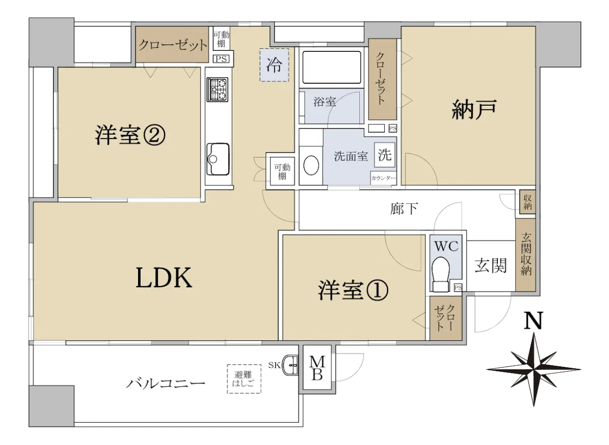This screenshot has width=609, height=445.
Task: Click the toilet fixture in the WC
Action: pyautogui.click(x=441, y=274)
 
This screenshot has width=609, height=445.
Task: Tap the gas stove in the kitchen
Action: pyautogui.click(x=217, y=89)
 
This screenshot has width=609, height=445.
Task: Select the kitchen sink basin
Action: pyautogui.click(x=218, y=159)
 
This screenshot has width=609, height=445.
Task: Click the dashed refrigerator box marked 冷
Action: pyautogui.click(x=274, y=65)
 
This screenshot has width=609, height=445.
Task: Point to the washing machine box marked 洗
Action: pyautogui.click(x=385, y=155)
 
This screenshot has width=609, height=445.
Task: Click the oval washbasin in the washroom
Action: pyautogui.click(x=311, y=165)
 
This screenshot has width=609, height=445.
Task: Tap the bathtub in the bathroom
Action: pyautogui.click(x=332, y=67)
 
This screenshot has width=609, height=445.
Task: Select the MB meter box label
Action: pyautogui.click(x=317, y=368)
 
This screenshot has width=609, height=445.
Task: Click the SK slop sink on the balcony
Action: pyautogui.click(x=290, y=365)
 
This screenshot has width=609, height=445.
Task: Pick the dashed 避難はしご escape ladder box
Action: pyautogui.click(x=244, y=379)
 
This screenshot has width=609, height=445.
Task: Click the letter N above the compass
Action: pyautogui.click(x=533, y=321)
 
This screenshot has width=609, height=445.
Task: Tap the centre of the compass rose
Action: pyautogui.click(x=534, y=370)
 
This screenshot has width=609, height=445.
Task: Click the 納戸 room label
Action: pyautogui.click(x=475, y=109)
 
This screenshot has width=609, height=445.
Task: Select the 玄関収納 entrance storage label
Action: pyautogui.click(x=526, y=254)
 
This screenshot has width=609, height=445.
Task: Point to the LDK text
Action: pyautogui.click(x=164, y=277)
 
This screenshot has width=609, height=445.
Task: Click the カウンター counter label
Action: pyautogui.click(x=383, y=178)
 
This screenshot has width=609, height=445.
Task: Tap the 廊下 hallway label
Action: pyautogui.click(x=404, y=209)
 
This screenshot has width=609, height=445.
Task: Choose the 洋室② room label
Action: pyautogui.click(x=130, y=135)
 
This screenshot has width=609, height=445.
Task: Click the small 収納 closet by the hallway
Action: pyautogui.click(x=527, y=202)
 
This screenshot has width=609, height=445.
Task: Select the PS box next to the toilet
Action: pyautogui.click(x=458, y=288)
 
